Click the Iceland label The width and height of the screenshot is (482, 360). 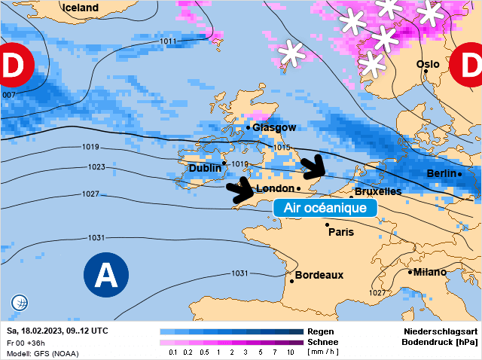click(81, 8)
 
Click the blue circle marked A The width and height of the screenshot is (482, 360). click(105, 275)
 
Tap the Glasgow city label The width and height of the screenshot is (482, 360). click(274, 128)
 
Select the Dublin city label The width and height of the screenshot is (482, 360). click(205, 168)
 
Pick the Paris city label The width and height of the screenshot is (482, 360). click(341, 232)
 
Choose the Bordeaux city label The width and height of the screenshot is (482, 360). click(319, 275)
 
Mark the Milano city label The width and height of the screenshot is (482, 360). click(430, 272)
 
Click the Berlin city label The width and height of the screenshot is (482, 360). click(442, 173)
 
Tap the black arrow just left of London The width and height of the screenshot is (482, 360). click(243, 191)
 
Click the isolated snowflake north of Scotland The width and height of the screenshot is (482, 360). click(291, 53)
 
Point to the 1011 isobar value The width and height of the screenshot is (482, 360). click(169, 41)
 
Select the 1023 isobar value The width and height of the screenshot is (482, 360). click(96, 167)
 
